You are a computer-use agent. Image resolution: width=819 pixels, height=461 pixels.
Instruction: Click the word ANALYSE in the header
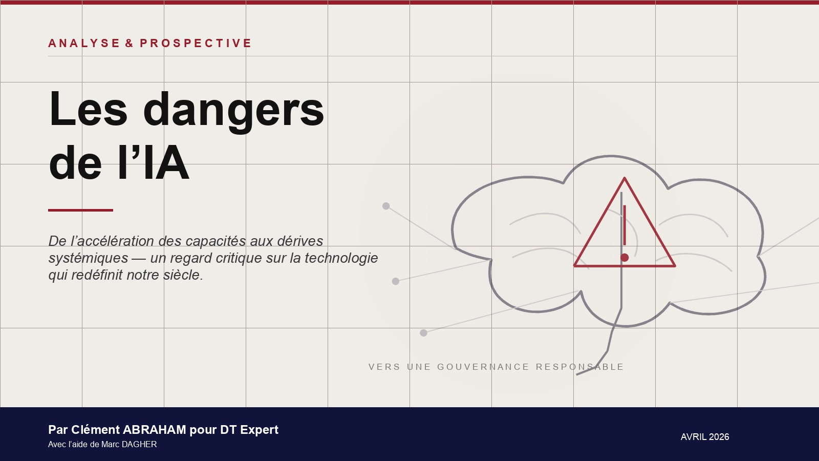84,43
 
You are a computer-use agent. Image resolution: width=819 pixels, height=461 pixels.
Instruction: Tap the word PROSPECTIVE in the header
196,43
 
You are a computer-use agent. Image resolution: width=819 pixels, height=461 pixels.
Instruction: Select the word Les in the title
88,109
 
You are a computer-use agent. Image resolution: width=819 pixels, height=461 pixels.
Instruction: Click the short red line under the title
80,210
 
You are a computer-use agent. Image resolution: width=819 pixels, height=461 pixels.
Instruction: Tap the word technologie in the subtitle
341,258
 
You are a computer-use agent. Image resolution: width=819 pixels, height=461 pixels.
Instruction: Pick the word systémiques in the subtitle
88,258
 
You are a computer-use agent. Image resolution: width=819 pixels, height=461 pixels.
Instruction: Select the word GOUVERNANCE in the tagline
483,367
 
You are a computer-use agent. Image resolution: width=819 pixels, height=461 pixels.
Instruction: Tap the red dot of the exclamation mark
624,258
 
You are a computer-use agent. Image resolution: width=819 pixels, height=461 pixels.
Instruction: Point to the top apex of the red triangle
624,178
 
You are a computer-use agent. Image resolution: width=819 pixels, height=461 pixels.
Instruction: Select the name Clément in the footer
95,430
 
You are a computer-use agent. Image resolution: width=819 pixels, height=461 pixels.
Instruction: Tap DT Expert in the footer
249,430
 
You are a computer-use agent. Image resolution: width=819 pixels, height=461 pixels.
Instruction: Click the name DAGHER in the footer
139,444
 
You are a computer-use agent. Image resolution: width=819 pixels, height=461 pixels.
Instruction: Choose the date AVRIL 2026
705,437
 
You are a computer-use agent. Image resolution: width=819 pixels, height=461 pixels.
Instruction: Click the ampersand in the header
130,43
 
